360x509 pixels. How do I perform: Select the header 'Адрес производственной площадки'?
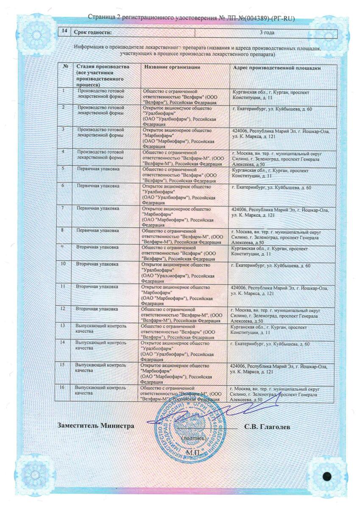click(x=276, y=68)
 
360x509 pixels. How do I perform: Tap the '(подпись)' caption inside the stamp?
click(x=193, y=437)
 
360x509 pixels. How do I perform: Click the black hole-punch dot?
click(x=327, y=476)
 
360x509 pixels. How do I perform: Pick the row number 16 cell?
click(x=63, y=388)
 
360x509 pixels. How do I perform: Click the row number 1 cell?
click(x=64, y=90)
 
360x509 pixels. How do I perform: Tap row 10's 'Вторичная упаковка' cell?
click(x=97, y=264)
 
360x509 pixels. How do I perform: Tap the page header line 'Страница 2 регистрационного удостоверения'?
click(x=191, y=18)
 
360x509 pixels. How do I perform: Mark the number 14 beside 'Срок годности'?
click(x=64, y=32)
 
